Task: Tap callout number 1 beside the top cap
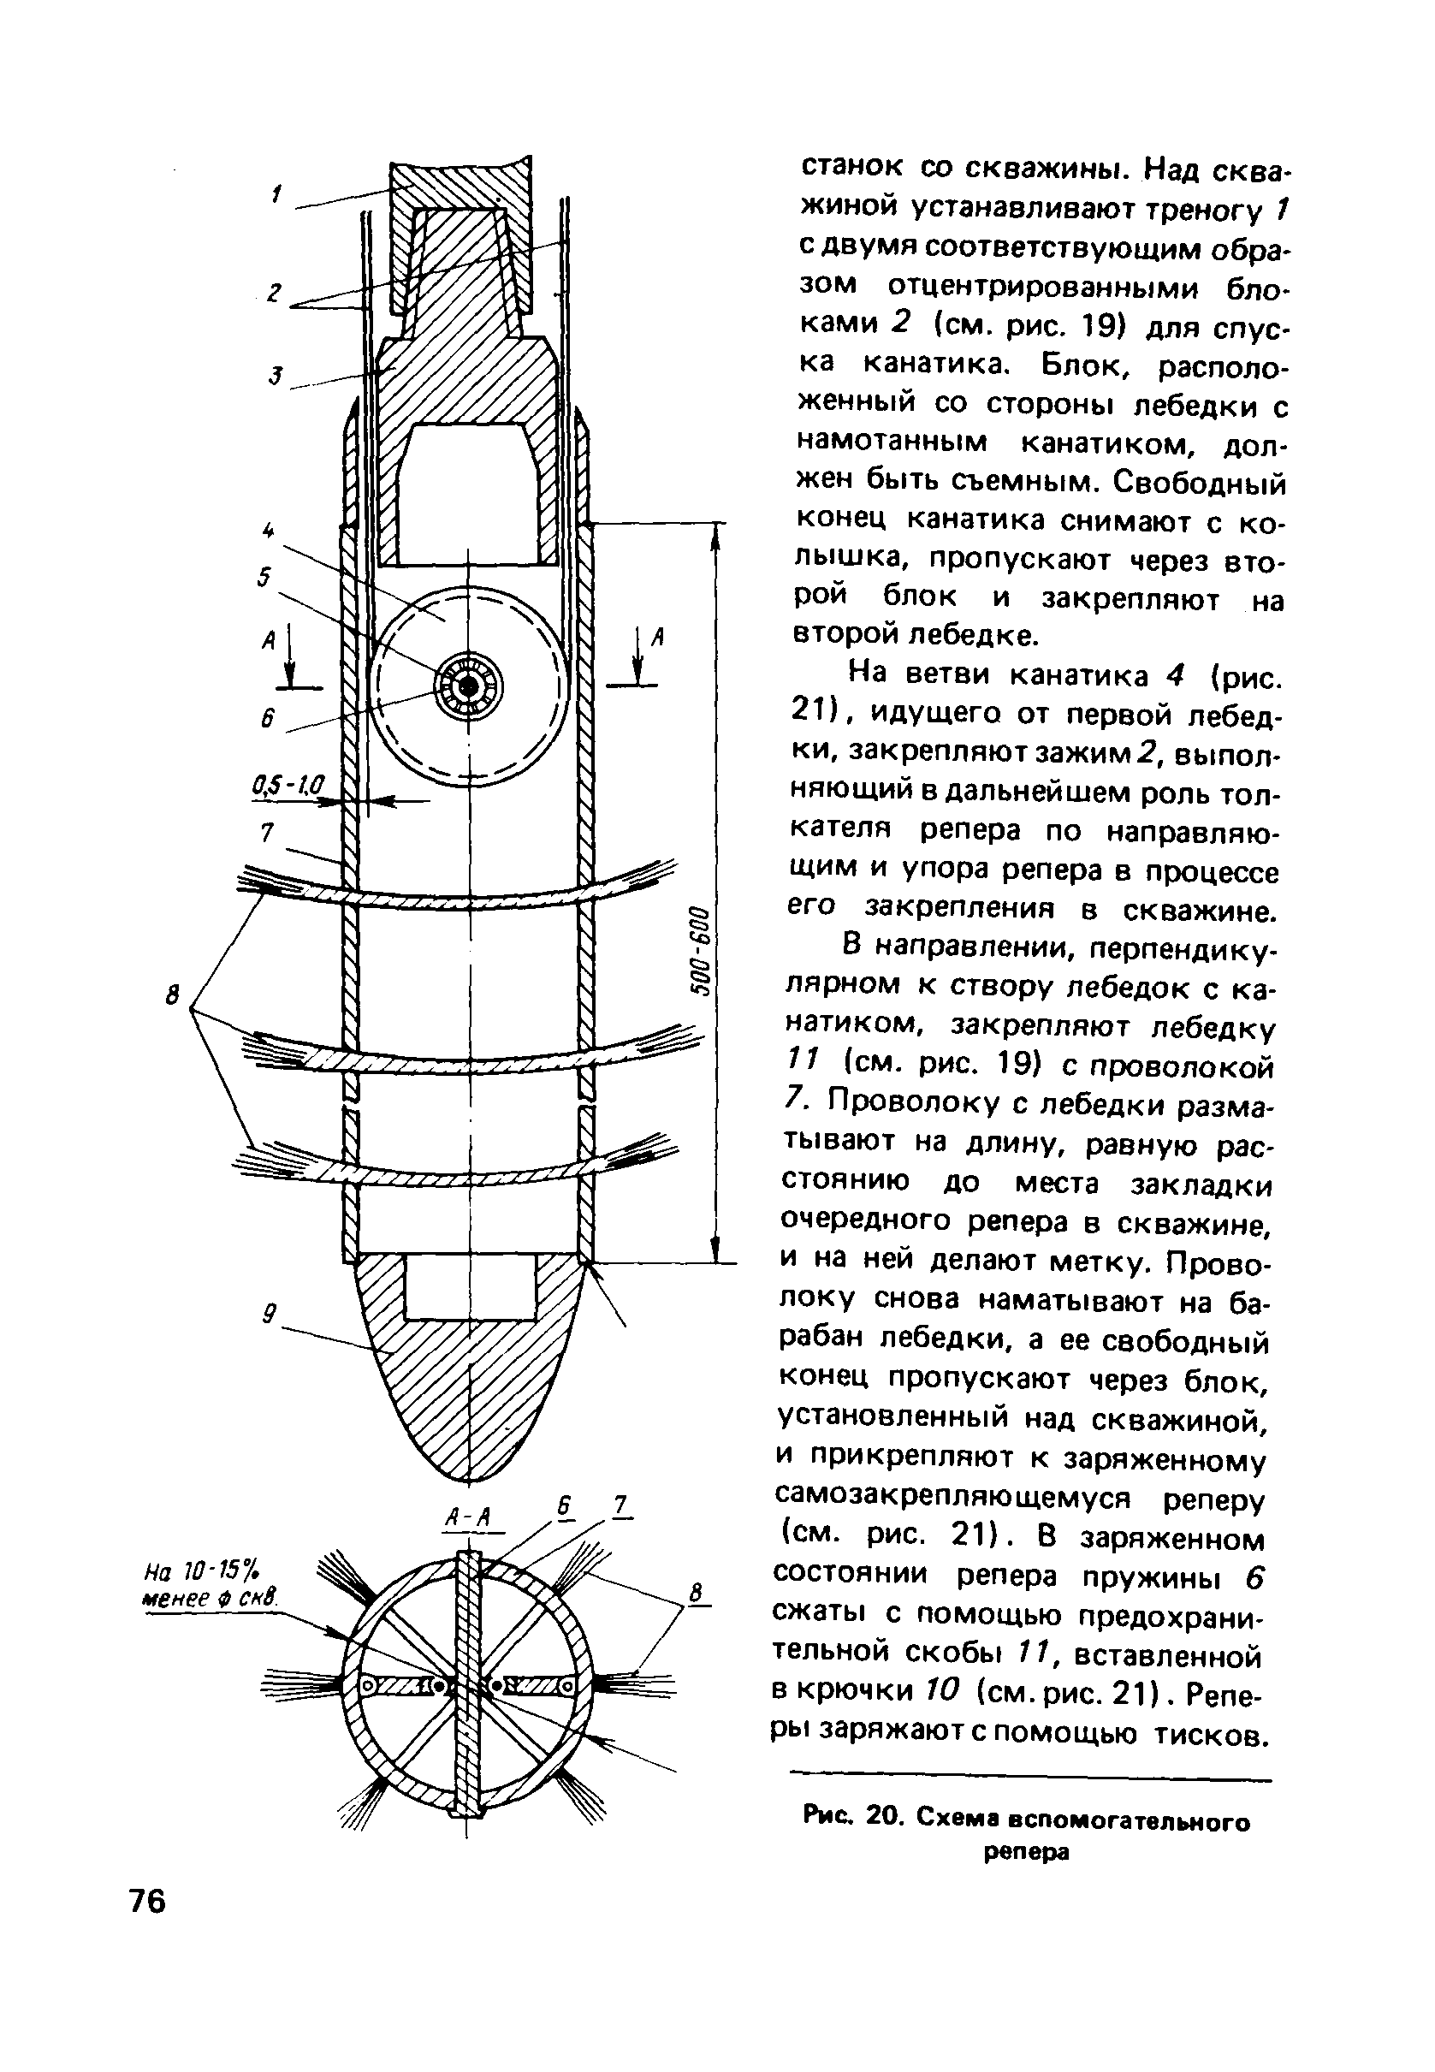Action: click(x=278, y=193)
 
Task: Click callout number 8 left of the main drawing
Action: click(x=173, y=995)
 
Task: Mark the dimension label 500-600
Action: click(x=701, y=950)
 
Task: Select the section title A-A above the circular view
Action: click(x=467, y=1517)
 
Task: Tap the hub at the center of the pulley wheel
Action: click(x=468, y=687)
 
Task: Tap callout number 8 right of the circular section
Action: click(x=694, y=1591)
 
